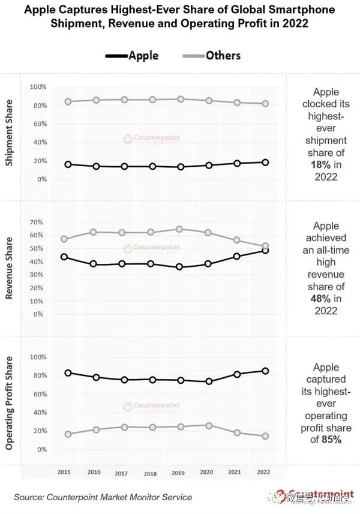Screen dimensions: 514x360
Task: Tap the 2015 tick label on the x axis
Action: pyautogui.click(x=64, y=473)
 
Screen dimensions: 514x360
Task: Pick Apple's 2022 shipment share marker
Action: pyautogui.click(x=265, y=163)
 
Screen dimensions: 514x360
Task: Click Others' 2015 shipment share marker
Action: pyautogui.click(x=68, y=102)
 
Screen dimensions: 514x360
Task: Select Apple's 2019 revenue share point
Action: pyautogui.click(x=179, y=267)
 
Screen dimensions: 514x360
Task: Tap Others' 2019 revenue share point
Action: pyautogui.click(x=179, y=229)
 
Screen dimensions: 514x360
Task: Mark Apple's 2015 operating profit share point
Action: pyautogui.click(x=68, y=373)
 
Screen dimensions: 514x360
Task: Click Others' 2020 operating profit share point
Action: pyautogui.click(x=208, y=426)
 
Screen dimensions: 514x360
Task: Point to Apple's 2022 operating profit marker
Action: pyautogui.click(x=265, y=371)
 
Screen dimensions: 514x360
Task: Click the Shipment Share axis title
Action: pyautogui.click(x=10, y=137)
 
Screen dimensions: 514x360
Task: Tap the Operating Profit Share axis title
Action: pyautogui.click(x=10, y=403)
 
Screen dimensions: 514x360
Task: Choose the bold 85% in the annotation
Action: pyautogui.click(x=331, y=440)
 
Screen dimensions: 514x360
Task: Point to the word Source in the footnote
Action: pyautogui.click(x=30, y=497)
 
